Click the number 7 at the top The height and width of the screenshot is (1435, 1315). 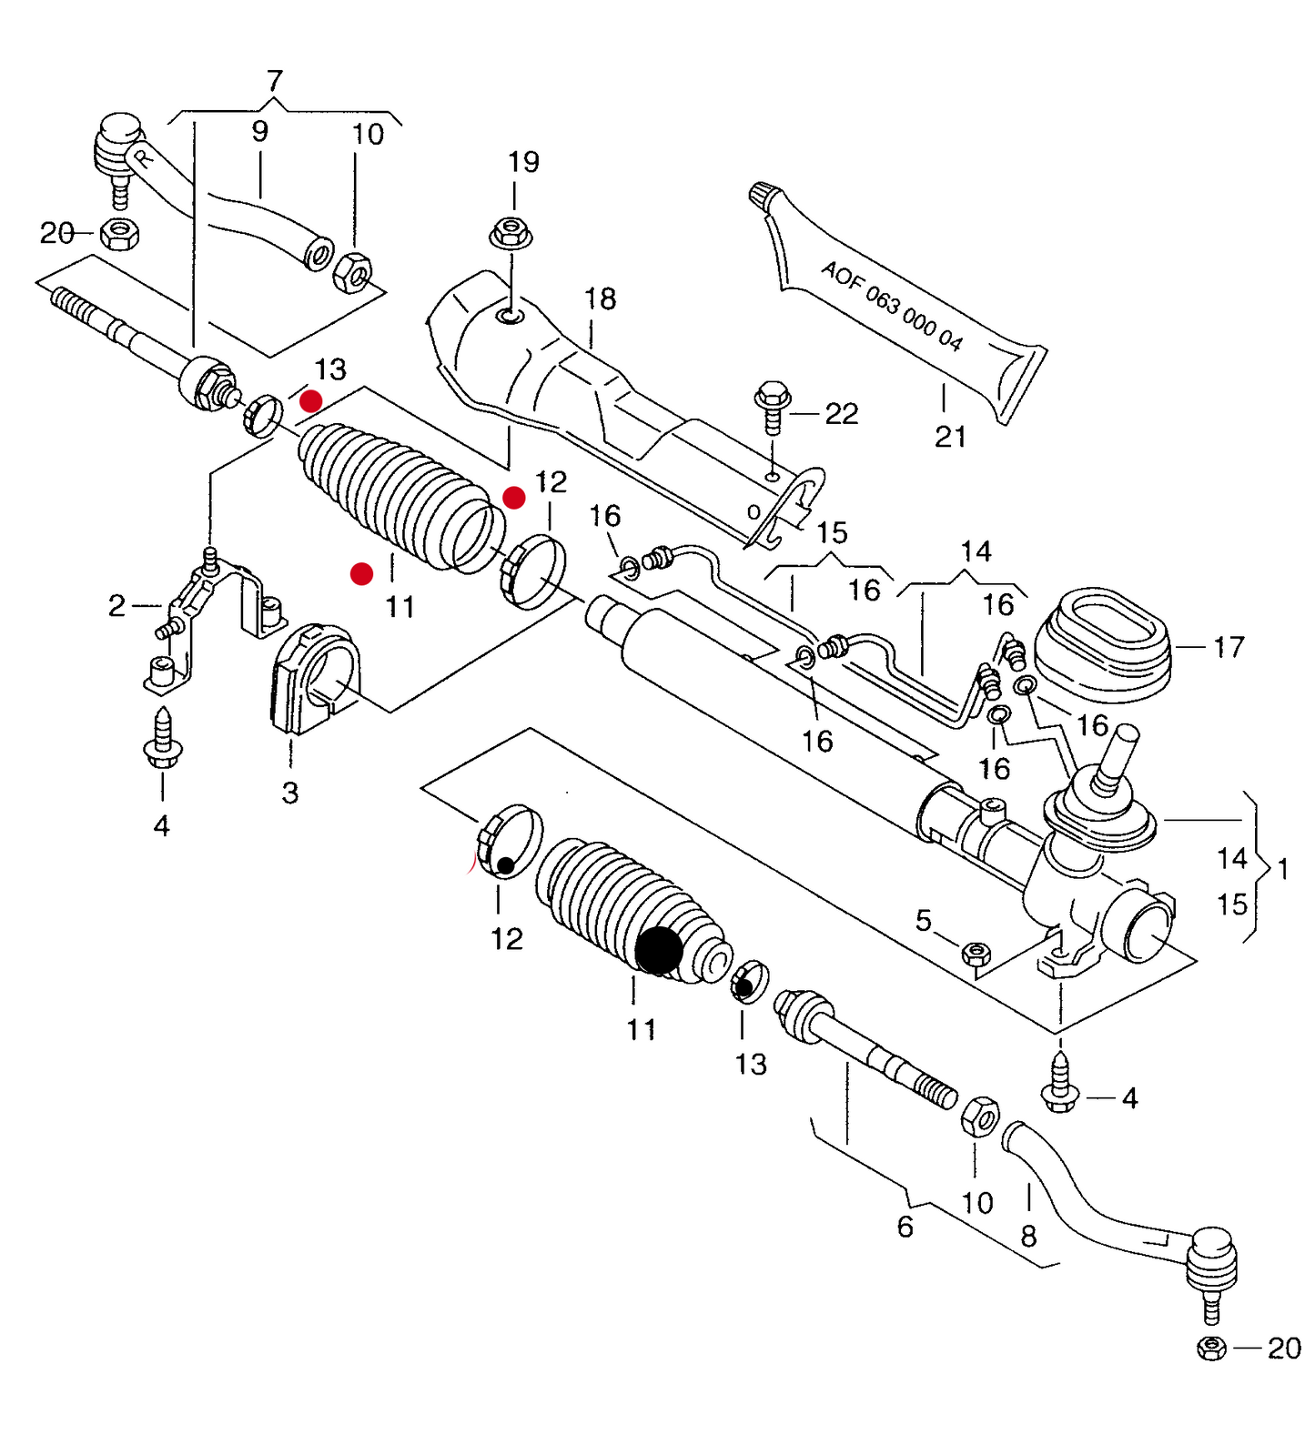[275, 81]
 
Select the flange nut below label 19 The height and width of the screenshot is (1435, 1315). [511, 232]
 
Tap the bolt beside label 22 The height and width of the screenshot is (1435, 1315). [773, 407]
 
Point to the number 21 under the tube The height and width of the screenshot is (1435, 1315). [950, 437]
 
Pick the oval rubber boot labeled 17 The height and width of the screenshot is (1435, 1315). [1103, 644]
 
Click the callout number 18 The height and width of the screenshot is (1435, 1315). [600, 298]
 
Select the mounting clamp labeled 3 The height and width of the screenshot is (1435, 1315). [315, 678]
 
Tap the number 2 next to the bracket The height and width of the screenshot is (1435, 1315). [116, 605]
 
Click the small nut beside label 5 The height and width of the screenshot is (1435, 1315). [976, 954]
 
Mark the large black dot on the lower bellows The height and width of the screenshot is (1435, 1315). [659, 950]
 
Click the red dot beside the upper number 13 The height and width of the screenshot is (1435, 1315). [311, 401]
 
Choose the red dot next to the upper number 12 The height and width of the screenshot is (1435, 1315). [514, 498]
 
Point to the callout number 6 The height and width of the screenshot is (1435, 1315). [905, 1227]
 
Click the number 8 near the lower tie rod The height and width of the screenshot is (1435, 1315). [1028, 1236]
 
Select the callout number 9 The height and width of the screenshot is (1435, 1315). [260, 131]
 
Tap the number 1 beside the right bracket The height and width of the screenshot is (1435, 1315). [1283, 869]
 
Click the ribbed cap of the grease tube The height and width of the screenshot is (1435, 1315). [765, 196]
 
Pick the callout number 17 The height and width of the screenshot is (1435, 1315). [1229, 647]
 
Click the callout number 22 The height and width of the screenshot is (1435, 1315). [842, 414]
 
